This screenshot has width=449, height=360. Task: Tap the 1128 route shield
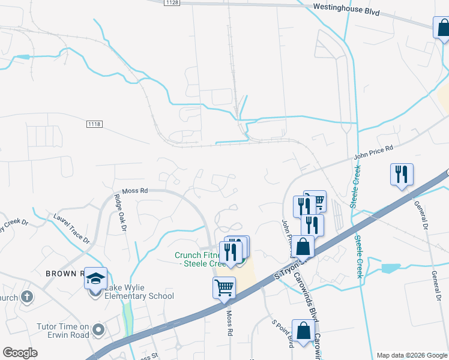(172, 3)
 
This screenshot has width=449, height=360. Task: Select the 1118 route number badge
(94, 124)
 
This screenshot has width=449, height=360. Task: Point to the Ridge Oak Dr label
(119, 212)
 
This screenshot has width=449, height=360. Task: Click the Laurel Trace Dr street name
(71, 229)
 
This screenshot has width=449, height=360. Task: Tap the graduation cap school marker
(95, 278)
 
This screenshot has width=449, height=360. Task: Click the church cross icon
(26, 297)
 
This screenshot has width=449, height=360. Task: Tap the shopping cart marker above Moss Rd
(224, 287)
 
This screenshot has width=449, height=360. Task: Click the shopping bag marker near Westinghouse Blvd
(442, 27)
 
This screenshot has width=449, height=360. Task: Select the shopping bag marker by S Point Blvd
(303, 330)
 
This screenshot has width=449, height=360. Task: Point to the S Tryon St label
(289, 269)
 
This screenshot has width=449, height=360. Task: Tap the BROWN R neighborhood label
(62, 273)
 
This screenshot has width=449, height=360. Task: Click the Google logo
(20, 353)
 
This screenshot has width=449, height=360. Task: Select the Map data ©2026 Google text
(411, 355)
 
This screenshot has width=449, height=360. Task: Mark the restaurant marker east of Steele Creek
(401, 174)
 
